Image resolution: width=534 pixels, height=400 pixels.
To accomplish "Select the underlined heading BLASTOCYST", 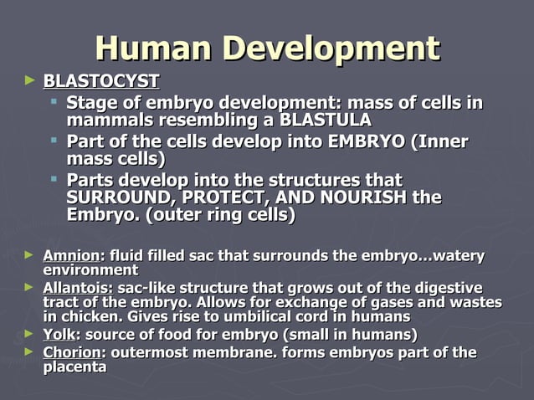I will [x=100, y=82].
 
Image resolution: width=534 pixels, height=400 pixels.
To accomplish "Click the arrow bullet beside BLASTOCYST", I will [x=31, y=81].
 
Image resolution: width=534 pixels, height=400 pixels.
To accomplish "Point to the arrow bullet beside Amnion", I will [x=30, y=254].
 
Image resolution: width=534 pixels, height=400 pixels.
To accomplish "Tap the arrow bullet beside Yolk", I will [x=30, y=334].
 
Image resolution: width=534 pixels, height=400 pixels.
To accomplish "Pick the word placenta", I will [x=74, y=367].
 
